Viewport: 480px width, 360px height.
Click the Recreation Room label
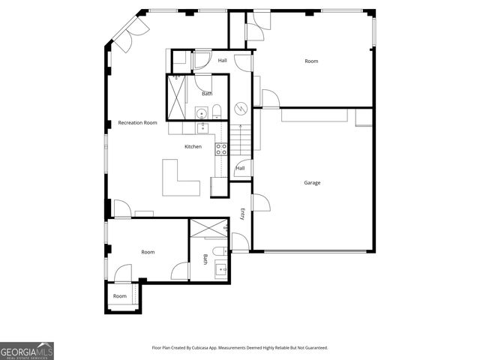[137, 122]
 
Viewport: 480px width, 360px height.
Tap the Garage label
[312, 182]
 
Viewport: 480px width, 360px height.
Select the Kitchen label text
[193, 146]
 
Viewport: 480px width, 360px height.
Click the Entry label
[242, 213]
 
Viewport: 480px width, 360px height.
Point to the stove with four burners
[221, 149]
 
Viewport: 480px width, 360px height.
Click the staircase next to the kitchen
[239, 139]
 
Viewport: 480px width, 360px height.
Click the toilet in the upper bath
[217, 113]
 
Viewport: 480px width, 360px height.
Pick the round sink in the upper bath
[201, 113]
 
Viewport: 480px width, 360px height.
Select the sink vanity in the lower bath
[221, 271]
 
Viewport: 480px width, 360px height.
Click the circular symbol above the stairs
[241, 106]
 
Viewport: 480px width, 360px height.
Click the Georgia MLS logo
[27, 351]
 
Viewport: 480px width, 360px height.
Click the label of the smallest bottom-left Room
[120, 296]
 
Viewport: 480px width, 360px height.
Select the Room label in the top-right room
[311, 61]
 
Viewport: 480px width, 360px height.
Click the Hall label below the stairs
[240, 168]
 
